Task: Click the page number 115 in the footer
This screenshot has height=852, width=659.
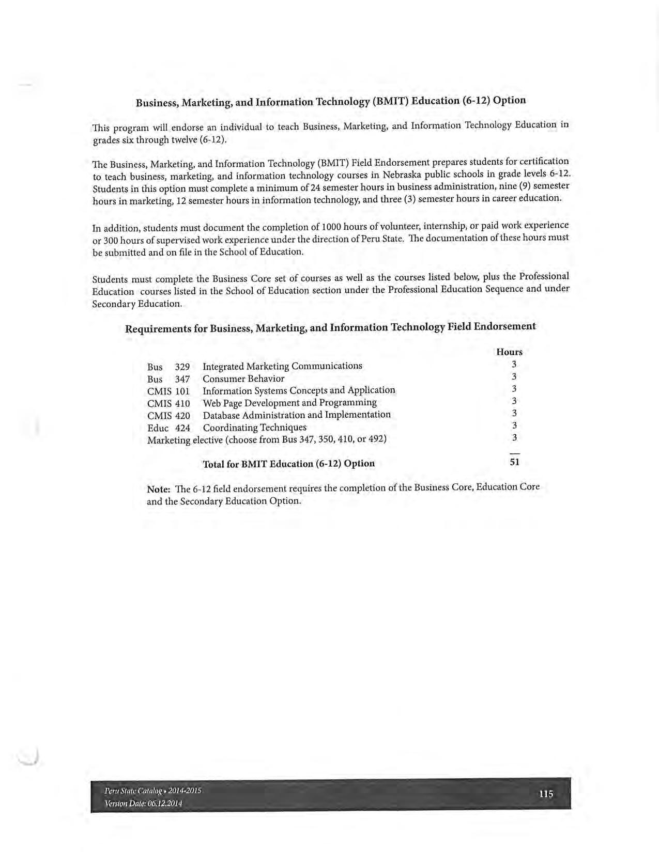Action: [546, 794]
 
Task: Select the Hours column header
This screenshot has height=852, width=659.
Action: [509, 352]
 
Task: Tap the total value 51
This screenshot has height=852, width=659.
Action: [514, 462]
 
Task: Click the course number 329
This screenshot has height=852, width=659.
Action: [182, 367]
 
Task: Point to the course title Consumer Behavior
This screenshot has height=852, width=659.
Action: [243, 378]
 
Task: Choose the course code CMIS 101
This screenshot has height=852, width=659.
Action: [168, 391]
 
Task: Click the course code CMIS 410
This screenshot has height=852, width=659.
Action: [168, 404]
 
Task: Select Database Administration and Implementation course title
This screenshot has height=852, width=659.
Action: [297, 415]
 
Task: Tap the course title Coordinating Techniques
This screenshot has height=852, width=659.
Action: [254, 428]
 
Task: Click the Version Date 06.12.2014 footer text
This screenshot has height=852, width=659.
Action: [143, 803]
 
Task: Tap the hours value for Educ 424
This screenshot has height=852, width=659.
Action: [514, 425]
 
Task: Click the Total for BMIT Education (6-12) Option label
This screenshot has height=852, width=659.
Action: [288, 464]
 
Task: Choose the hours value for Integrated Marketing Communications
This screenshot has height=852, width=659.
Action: [514, 364]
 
